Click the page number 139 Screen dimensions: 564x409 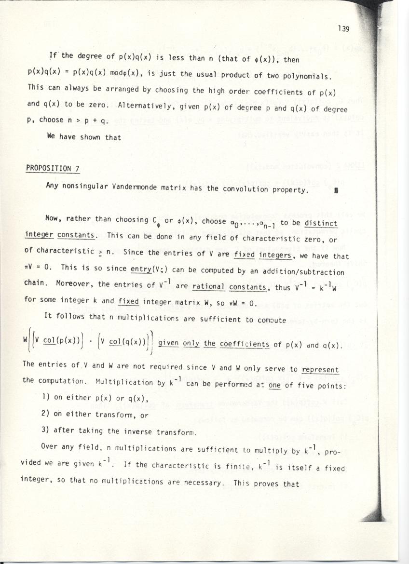343,28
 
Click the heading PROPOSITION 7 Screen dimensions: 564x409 53,168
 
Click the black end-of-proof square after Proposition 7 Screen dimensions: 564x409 336,190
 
